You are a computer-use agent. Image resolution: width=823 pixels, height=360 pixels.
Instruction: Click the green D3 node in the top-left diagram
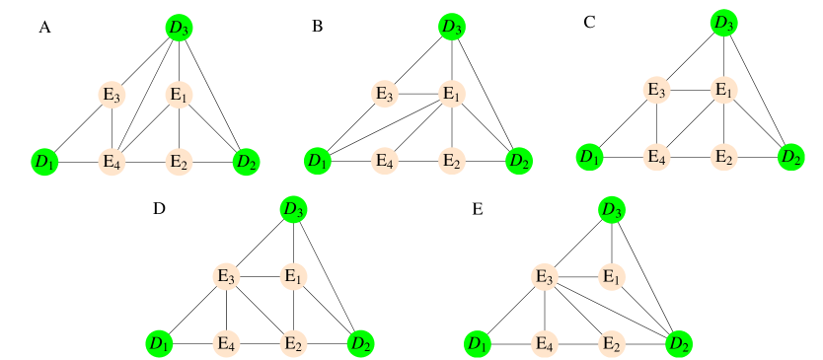pos(179,28)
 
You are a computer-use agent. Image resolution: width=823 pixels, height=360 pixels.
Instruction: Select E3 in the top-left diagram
pos(112,95)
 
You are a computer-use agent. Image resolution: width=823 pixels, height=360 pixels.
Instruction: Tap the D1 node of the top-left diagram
pos(45,162)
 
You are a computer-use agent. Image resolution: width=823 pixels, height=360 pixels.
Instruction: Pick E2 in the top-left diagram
pos(179,162)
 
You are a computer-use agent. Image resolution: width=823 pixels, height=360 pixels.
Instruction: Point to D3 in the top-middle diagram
pos(451,28)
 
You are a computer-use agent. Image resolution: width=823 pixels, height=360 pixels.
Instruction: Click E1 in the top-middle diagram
pos(451,95)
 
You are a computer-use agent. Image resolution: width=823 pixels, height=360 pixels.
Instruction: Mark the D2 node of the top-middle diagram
pos(518,160)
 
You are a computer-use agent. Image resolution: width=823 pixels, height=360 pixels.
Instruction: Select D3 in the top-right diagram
pos(723,23)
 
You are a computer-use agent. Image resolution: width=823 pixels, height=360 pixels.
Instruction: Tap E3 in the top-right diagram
pos(656,90)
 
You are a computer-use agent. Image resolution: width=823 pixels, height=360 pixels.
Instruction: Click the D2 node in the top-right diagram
pos(790,156)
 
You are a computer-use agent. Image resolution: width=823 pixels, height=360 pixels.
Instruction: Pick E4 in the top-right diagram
pos(656,156)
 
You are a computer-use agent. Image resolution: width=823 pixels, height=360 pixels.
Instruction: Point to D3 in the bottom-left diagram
pos(292,209)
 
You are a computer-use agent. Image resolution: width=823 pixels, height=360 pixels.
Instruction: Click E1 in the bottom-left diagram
pos(292,276)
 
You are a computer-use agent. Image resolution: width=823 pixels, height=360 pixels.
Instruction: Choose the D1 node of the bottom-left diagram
pos(159,343)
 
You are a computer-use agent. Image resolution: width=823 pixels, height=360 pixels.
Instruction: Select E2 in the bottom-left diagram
pos(292,343)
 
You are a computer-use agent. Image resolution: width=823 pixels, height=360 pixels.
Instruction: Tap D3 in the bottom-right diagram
pos(612,209)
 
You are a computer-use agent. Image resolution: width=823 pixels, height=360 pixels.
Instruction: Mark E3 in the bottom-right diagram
pos(544,276)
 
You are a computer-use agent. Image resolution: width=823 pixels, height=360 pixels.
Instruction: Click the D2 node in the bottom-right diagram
pos(678,343)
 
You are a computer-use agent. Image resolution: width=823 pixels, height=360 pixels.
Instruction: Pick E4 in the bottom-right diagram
pos(544,343)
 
